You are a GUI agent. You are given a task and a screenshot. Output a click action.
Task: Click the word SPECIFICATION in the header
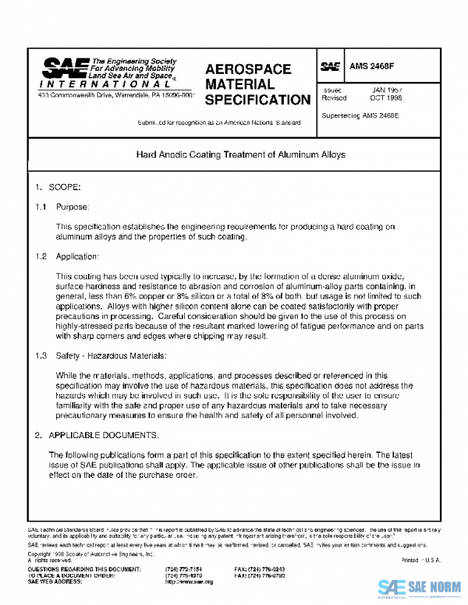(257, 101)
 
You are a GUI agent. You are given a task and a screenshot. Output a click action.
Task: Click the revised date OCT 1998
(386, 98)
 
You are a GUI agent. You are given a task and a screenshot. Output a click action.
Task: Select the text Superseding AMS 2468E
(360, 115)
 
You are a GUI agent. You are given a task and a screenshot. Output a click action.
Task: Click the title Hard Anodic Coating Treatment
(240, 155)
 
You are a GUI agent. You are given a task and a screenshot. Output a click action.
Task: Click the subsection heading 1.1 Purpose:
(62, 207)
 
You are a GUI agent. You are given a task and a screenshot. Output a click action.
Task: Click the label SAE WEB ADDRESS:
(57, 582)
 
